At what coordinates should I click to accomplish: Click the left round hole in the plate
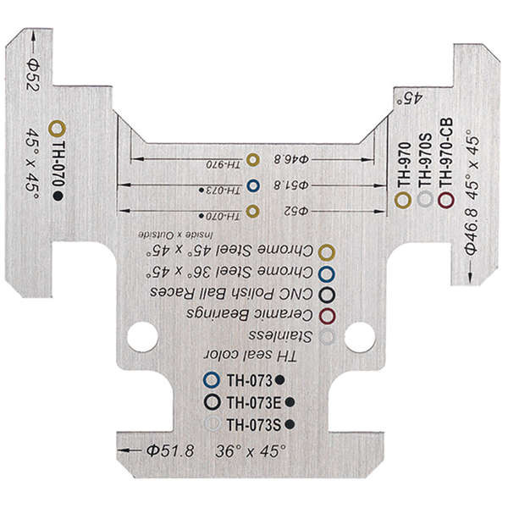tap(142, 336)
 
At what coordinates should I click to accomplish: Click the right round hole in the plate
tap(360, 336)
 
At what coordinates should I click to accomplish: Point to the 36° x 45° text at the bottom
tap(250, 451)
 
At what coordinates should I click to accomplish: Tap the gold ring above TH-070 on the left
tap(57, 128)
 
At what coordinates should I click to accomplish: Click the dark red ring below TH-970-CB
tap(447, 200)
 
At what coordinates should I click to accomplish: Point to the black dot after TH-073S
tap(290, 422)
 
